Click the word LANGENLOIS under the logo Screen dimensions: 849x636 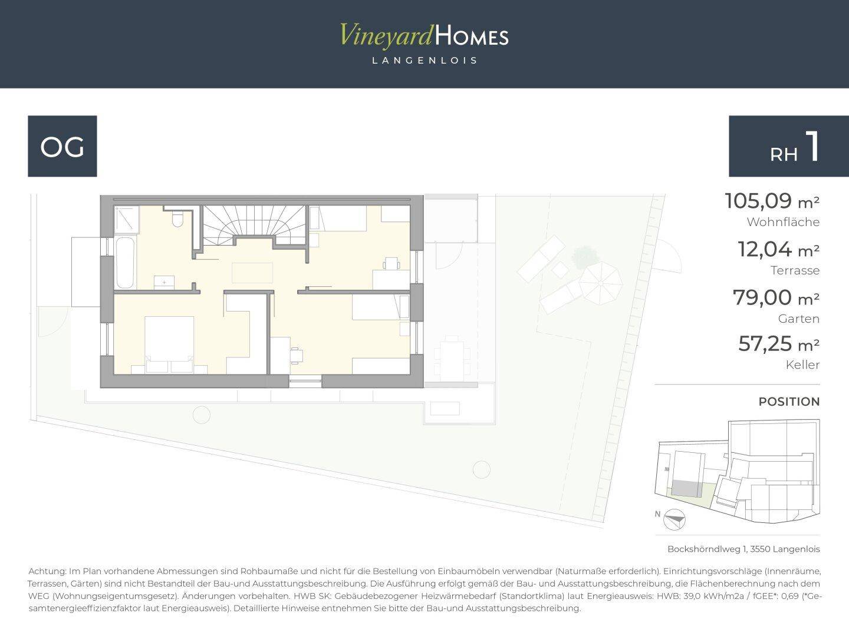pos(424,61)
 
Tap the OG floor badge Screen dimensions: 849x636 pos(62,146)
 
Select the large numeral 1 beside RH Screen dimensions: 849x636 pos(812,147)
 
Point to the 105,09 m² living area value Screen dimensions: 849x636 pos(772,201)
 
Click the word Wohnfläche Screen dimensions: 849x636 pos(783,222)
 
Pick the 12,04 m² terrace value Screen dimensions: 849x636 pos(779,249)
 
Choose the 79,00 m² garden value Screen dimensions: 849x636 pos(776,297)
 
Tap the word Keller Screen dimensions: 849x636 pos(802,365)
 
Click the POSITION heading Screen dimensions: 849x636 pos(789,402)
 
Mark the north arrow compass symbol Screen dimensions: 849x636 pos(674,519)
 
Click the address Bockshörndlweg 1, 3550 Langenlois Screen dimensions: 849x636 pos(743,549)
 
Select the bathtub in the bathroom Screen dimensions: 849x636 pos(125,263)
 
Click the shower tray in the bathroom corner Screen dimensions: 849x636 pos(127,219)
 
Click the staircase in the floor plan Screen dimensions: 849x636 pos(255,225)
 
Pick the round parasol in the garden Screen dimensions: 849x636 pos(600,283)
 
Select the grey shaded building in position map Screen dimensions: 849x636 pos(686,489)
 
